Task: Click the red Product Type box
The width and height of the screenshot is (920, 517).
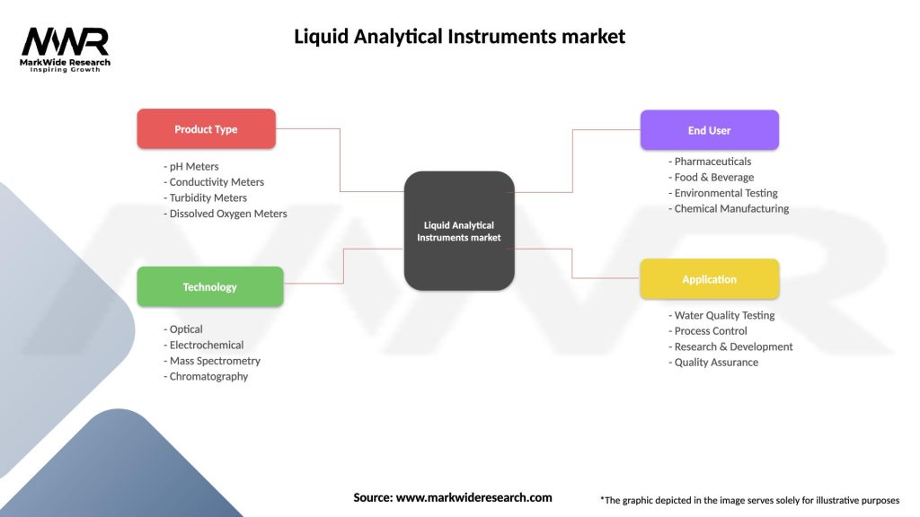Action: coord(206,129)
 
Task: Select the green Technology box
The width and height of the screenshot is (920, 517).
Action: coord(209,287)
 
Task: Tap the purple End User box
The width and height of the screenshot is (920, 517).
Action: coord(709,130)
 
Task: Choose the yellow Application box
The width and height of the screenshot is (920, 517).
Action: coord(709,279)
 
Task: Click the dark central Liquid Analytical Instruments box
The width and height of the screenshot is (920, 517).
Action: coord(459,232)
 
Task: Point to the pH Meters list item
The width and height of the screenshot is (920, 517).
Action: coord(194,166)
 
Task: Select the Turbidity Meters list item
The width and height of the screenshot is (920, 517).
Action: coord(208,197)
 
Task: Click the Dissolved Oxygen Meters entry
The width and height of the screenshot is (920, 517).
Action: coord(228,214)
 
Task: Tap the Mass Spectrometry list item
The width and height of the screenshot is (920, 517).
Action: coord(215,361)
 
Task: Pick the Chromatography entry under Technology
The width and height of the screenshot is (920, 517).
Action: coord(208,376)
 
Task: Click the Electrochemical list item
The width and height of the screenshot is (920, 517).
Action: coord(207,345)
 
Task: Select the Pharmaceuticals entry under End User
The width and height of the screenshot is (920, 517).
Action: coord(712,162)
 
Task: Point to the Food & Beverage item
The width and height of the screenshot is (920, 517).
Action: coord(714,177)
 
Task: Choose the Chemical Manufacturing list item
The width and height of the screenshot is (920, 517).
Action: coord(731,208)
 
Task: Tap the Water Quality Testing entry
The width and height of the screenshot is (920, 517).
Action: coord(724,315)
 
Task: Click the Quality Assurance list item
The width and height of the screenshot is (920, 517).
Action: coord(716,363)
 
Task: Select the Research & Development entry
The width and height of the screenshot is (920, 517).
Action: coord(733,346)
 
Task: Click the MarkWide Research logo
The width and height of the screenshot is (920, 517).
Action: coord(65,48)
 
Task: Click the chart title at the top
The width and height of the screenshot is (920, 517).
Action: coord(459,37)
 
